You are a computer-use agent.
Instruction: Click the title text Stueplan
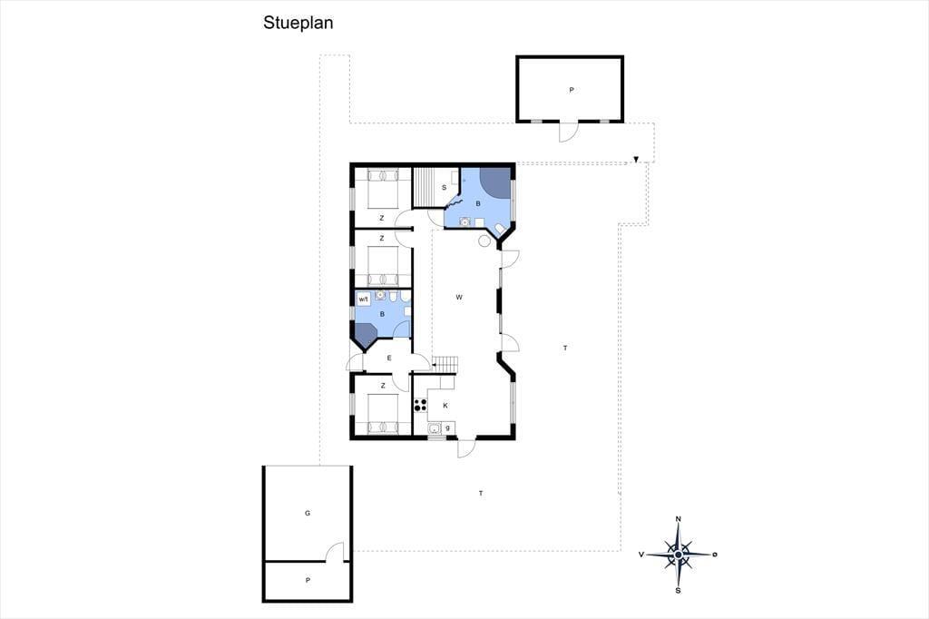click(298, 23)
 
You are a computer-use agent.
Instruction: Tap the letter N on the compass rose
click(679, 519)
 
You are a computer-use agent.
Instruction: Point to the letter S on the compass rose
click(679, 591)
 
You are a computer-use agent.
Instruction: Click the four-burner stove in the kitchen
click(420, 405)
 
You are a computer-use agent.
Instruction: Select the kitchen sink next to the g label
click(434, 428)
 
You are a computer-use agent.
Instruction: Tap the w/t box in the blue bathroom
click(364, 300)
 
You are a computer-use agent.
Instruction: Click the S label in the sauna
click(444, 188)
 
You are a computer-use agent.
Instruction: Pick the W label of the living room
click(459, 297)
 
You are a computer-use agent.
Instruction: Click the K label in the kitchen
click(445, 406)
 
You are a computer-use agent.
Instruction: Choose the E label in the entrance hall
click(389, 358)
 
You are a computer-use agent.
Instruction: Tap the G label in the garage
click(308, 514)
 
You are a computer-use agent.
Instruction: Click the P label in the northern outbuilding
click(572, 90)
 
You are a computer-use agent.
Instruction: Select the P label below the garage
click(308, 581)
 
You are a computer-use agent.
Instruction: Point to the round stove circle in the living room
click(484, 241)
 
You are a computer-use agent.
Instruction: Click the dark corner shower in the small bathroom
click(365, 334)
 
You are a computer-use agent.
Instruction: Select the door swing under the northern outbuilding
click(567, 132)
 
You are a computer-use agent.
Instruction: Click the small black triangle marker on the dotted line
click(636, 160)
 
